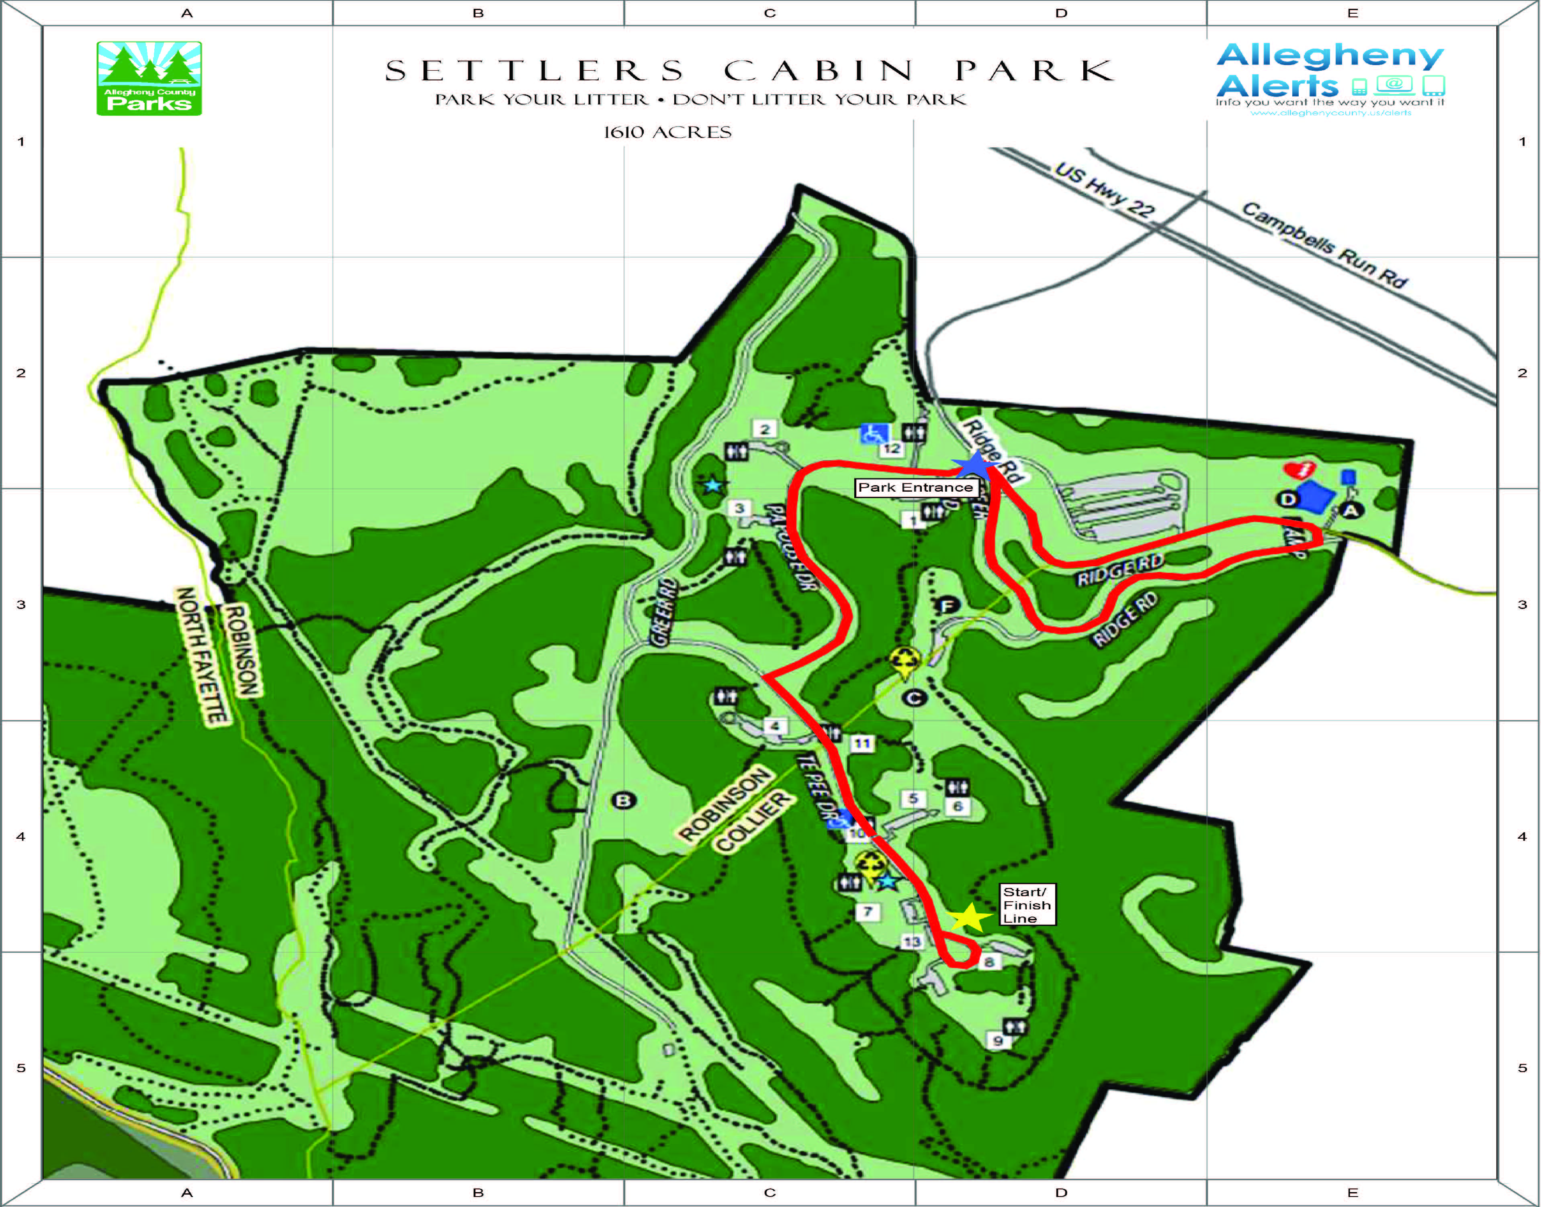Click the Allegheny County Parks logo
tap(149, 78)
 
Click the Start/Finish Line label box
tap(1026, 905)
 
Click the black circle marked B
tap(623, 801)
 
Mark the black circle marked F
tap(947, 606)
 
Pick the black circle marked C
tap(915, 698)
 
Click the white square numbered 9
tap(997, 1040)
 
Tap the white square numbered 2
tap(764, 429)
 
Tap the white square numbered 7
tap(868, 912)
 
